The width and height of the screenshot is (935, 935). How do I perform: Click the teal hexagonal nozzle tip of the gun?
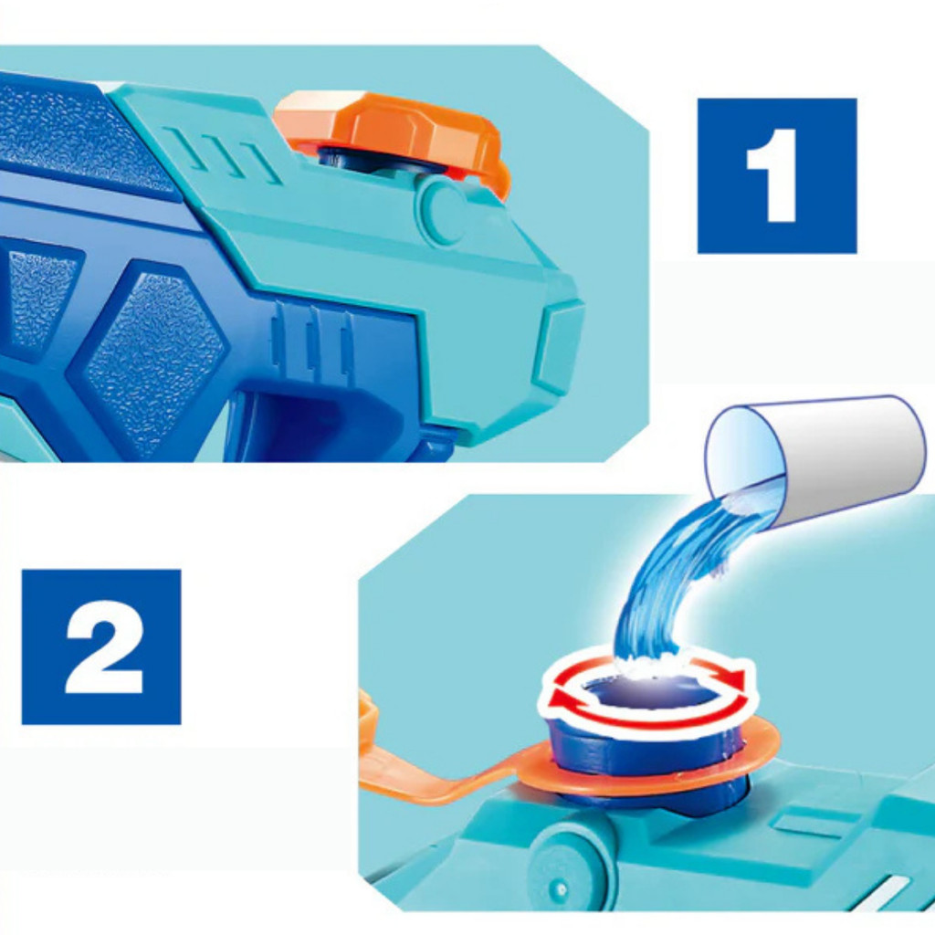pos(558,347)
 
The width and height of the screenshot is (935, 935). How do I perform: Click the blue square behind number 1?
pos(777,175)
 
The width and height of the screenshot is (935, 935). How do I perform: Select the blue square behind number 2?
pos(101,647)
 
